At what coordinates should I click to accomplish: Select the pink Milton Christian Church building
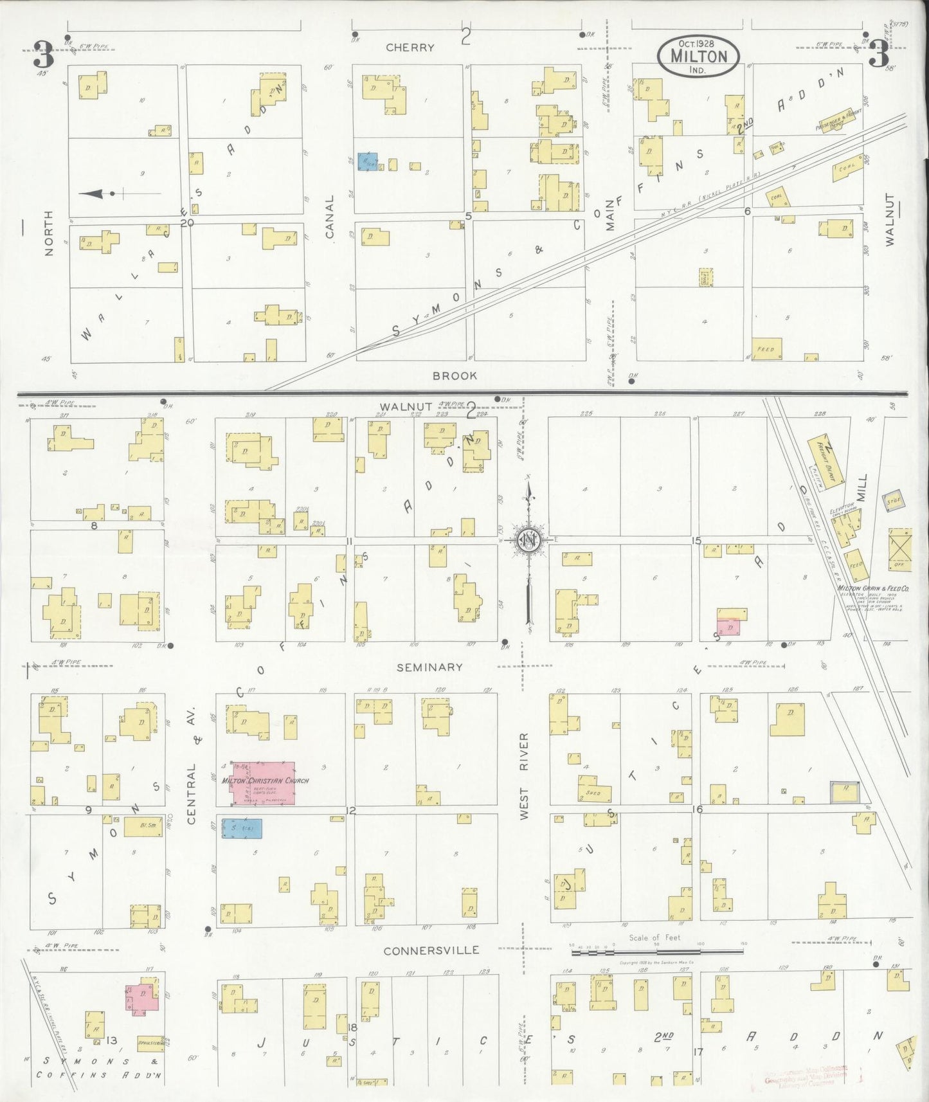pos(264,782)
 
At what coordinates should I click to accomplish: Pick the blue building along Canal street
pos(368,161)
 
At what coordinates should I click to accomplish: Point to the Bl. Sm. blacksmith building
pos(143,827)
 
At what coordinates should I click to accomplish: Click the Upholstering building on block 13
pos(149,1041)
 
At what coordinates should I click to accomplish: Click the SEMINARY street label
pos(429,667)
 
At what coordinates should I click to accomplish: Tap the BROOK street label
pos(455,375)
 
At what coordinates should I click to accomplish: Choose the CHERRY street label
pos(410,48)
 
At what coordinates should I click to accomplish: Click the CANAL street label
pos(330,217)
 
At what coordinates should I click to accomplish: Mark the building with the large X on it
pos(899,548)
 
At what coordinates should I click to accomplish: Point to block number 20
pos(187,223)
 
